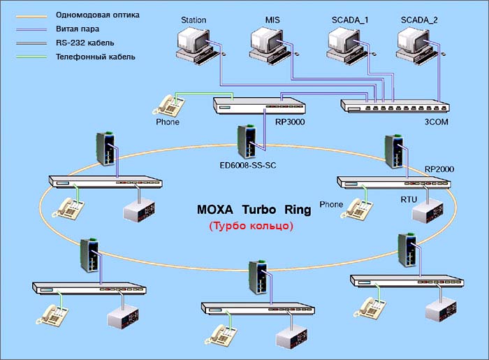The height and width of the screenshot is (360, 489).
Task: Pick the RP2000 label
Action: coord(439,169)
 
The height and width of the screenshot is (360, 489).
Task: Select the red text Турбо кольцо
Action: coord(251,226)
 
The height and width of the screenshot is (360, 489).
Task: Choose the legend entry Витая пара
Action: coord(78,29)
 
